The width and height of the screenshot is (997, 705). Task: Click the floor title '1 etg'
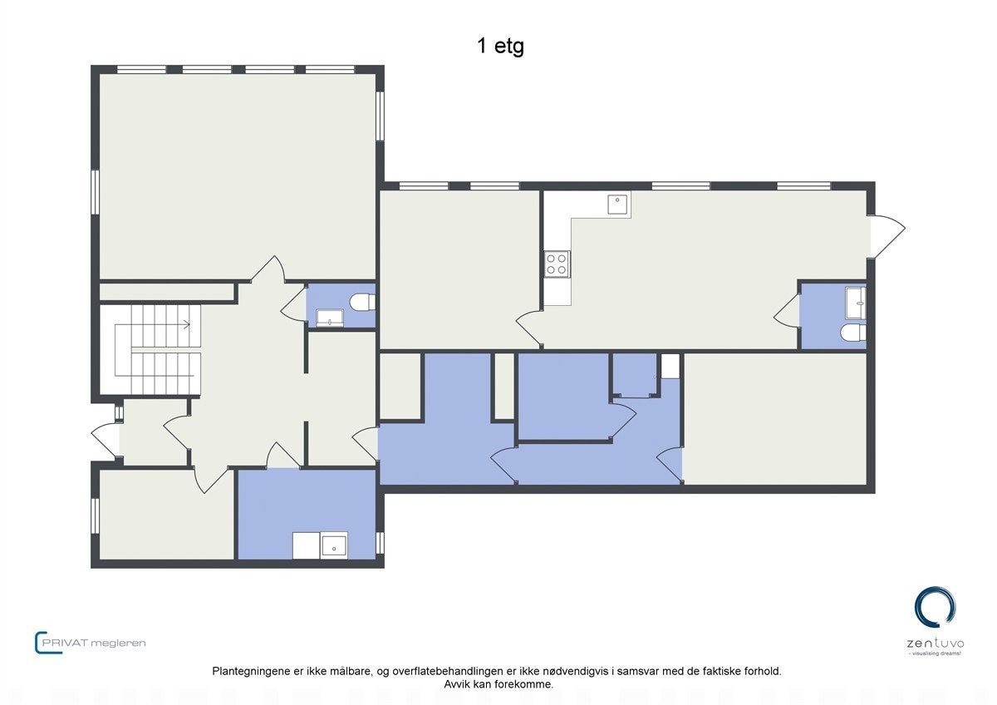click(500, 47)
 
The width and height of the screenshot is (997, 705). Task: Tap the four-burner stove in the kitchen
click(556, 264)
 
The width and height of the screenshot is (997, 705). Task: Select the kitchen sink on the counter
click(617, 204)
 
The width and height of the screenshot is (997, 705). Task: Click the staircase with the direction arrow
click(158, 349)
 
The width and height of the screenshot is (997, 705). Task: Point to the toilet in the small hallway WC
click(361, 302)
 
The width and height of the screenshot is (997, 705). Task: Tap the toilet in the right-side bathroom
click(852, 333)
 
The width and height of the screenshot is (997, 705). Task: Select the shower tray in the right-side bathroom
click(854, 303)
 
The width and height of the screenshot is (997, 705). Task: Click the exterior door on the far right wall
click(886, 236)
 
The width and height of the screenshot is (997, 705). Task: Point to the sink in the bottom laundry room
click(334, 545)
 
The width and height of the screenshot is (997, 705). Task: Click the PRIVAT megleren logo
click(91, 643)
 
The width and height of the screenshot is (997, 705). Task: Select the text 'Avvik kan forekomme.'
click(498, 684)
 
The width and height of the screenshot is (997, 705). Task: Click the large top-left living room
click(237, 175)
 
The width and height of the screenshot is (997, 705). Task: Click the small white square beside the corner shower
click(670, 366)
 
